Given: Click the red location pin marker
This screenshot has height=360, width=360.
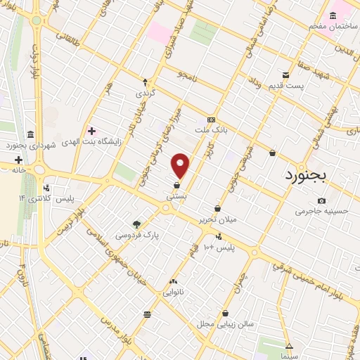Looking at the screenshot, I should pos(181,165).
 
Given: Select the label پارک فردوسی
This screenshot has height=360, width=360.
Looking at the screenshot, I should pos(138,234).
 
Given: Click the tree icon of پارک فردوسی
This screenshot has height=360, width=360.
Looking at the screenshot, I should pos(137,224).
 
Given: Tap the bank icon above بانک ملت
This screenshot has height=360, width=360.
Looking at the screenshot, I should pos(212,120).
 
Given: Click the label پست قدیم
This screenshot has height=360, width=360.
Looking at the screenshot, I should pos(285,86).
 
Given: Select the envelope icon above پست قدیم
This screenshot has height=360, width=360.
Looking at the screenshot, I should pos(285,75).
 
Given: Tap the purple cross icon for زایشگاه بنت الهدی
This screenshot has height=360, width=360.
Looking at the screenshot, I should pos(91,130).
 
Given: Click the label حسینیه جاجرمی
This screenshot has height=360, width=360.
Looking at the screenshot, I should pos(321,210).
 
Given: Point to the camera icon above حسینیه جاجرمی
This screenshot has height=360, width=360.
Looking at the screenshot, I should pos(321,200).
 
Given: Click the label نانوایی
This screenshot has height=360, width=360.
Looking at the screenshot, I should pos(173,291).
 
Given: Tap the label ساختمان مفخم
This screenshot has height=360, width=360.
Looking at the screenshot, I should pos(332,26).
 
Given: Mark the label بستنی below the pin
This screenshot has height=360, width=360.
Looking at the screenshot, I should pos(176,198).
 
